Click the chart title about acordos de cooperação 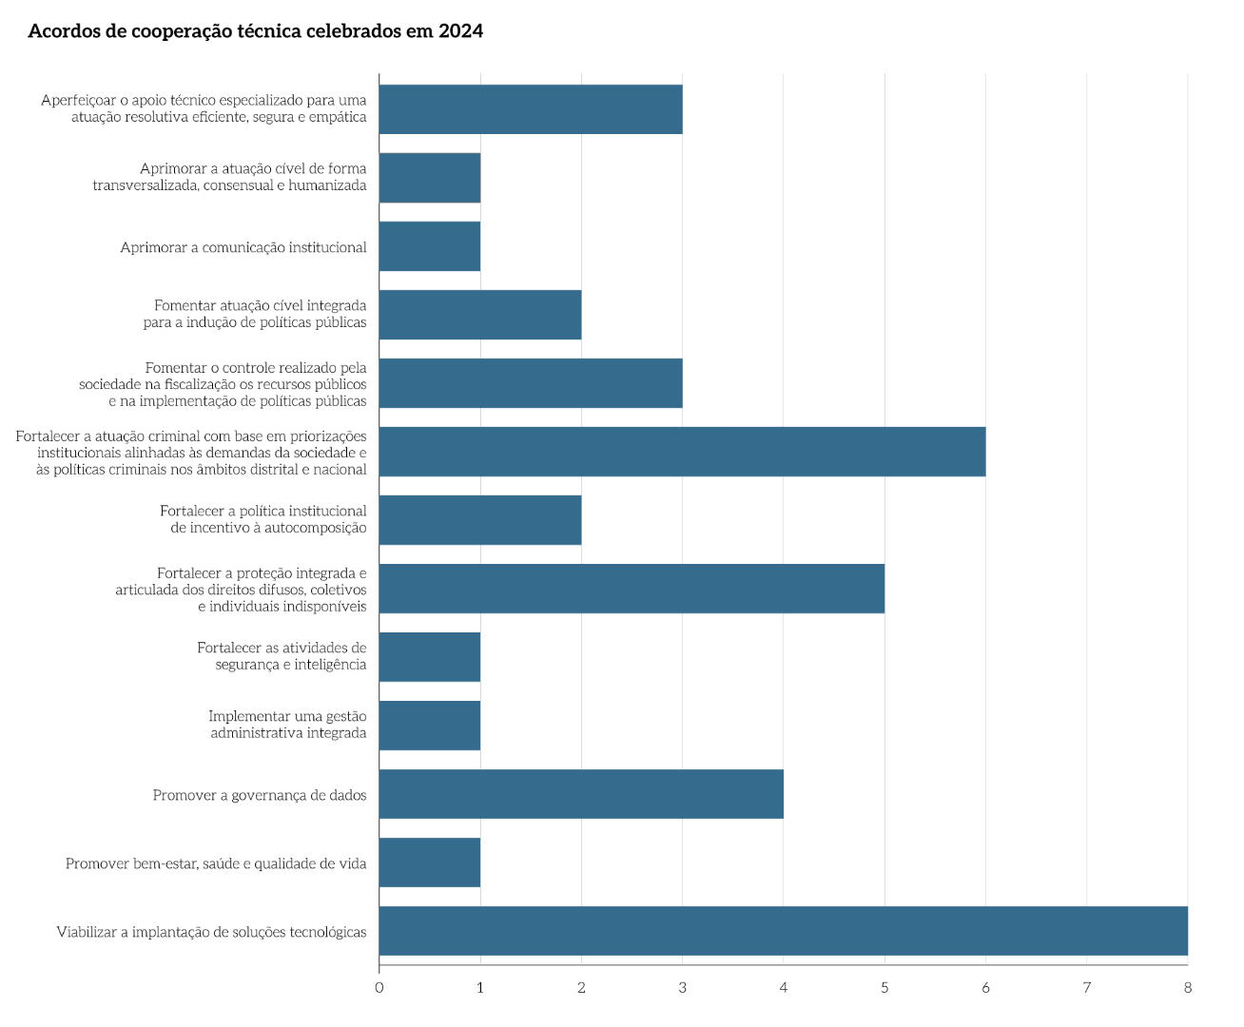tap(255, 31)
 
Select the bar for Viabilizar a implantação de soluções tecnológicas tap(783, 931)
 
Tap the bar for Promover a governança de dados tap(581, 794)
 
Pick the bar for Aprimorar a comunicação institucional tap(430, 246)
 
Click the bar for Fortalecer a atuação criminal tap(682, 452)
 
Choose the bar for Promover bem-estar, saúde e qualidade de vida tap(430, 862)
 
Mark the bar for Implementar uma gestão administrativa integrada tap(430, 726)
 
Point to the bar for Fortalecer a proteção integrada tap(632, 589)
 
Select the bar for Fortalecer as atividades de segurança tap(430, 657)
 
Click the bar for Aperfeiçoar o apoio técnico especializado tap(531, 109)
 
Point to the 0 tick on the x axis tap(379, 988)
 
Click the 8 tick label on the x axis tap(1188, 988)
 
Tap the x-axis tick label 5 tap(884, 988)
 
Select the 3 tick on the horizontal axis tap(682, 988)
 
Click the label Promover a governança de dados tap(260, 795)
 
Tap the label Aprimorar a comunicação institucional tap(243, 247)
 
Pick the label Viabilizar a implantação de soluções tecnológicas tap(211, 932)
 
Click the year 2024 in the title tap(460, 31)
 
